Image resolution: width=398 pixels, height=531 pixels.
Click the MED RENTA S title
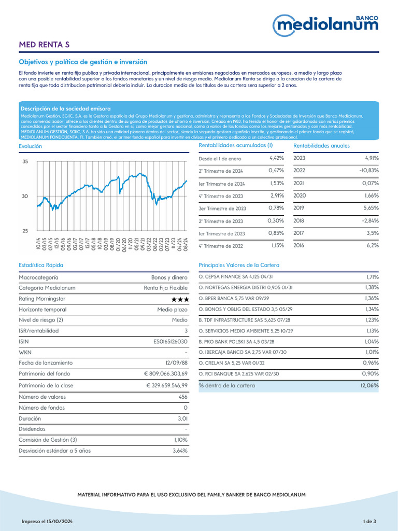pos(44,45)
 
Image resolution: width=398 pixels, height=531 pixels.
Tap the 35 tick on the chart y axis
pos(25,162)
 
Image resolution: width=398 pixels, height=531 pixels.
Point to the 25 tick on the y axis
pos(25,231)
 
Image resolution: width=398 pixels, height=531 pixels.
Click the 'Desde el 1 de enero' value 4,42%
pos(276,158)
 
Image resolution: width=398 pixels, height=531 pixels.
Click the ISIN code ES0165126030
pos(167,342)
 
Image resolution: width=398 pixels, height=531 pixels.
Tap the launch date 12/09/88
pos(176,363)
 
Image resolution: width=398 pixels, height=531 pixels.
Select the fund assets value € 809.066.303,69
pos(166,373)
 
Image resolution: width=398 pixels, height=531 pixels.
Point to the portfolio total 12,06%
pos(369,385)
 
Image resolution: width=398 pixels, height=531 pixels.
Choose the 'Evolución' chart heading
pos(30,146)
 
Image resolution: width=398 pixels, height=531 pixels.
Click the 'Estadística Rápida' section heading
pos(41,265)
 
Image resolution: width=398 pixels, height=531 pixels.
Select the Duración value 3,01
pos(179,418)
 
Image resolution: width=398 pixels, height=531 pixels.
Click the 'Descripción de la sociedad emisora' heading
pos(66,108)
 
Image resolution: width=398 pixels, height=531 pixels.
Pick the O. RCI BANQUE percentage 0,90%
pos(371,373)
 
